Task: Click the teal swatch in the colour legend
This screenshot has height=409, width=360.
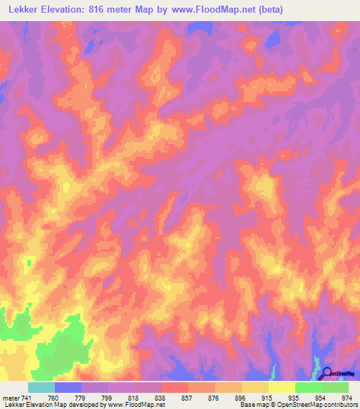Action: pos(41,387)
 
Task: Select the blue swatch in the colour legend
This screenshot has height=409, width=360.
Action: pos(67,387)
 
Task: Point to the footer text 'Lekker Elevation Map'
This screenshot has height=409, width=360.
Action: pos(31,405)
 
